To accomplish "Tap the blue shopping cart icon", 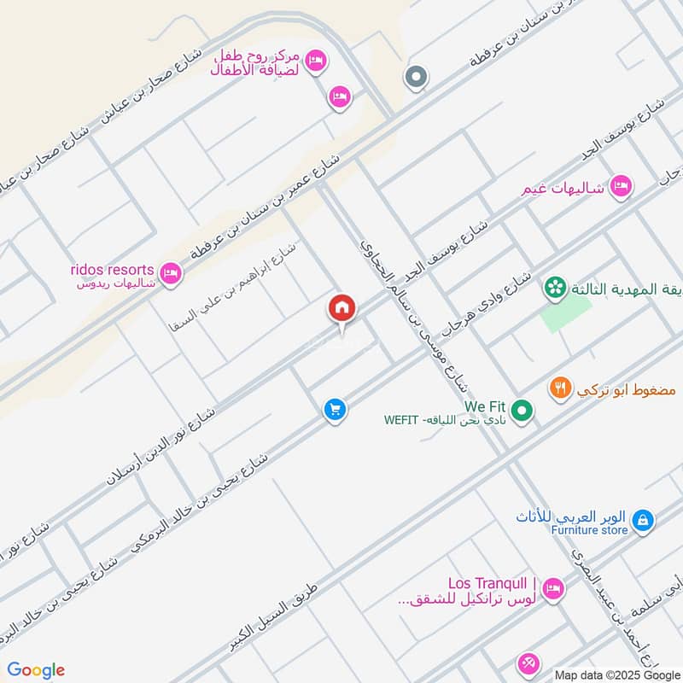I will tap(335, 411).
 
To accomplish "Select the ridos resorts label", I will tap(113, 270).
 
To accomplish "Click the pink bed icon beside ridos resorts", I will tap(171, 272).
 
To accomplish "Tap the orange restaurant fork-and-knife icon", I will tap(560, 389).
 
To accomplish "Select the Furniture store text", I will tap(589, 530).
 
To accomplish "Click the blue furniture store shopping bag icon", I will tap(643, 519).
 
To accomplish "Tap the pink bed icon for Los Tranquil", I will tap(553, 589).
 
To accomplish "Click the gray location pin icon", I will tap(416, 78).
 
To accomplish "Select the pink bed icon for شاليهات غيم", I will tap(621, 185).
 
